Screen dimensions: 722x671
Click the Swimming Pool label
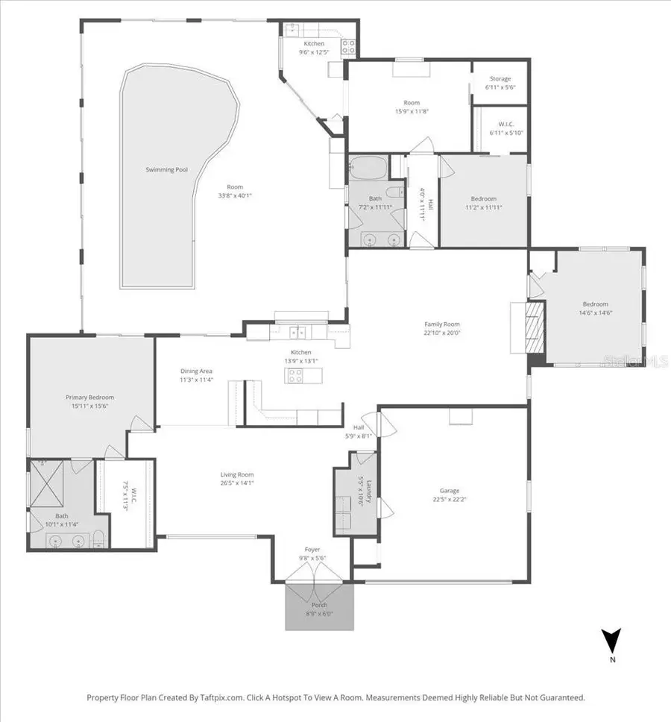(x=166, y=170)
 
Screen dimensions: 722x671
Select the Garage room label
(x=450, y=491)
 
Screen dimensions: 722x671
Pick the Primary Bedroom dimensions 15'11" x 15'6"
(x=89, y=406)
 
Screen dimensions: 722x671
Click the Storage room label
(x=500, y=79)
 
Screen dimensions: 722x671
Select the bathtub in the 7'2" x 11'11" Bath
(x=367, y=169)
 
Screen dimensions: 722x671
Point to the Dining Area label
(x=197, y=371)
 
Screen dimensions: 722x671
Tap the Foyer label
(x=312, y=550)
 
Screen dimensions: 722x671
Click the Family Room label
(x=442, y=324)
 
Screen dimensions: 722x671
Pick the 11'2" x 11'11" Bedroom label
(x=483, y=198)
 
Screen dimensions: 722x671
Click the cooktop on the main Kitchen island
(x=294, y=376)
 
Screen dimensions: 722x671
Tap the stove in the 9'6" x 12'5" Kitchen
(x=347, y=47)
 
